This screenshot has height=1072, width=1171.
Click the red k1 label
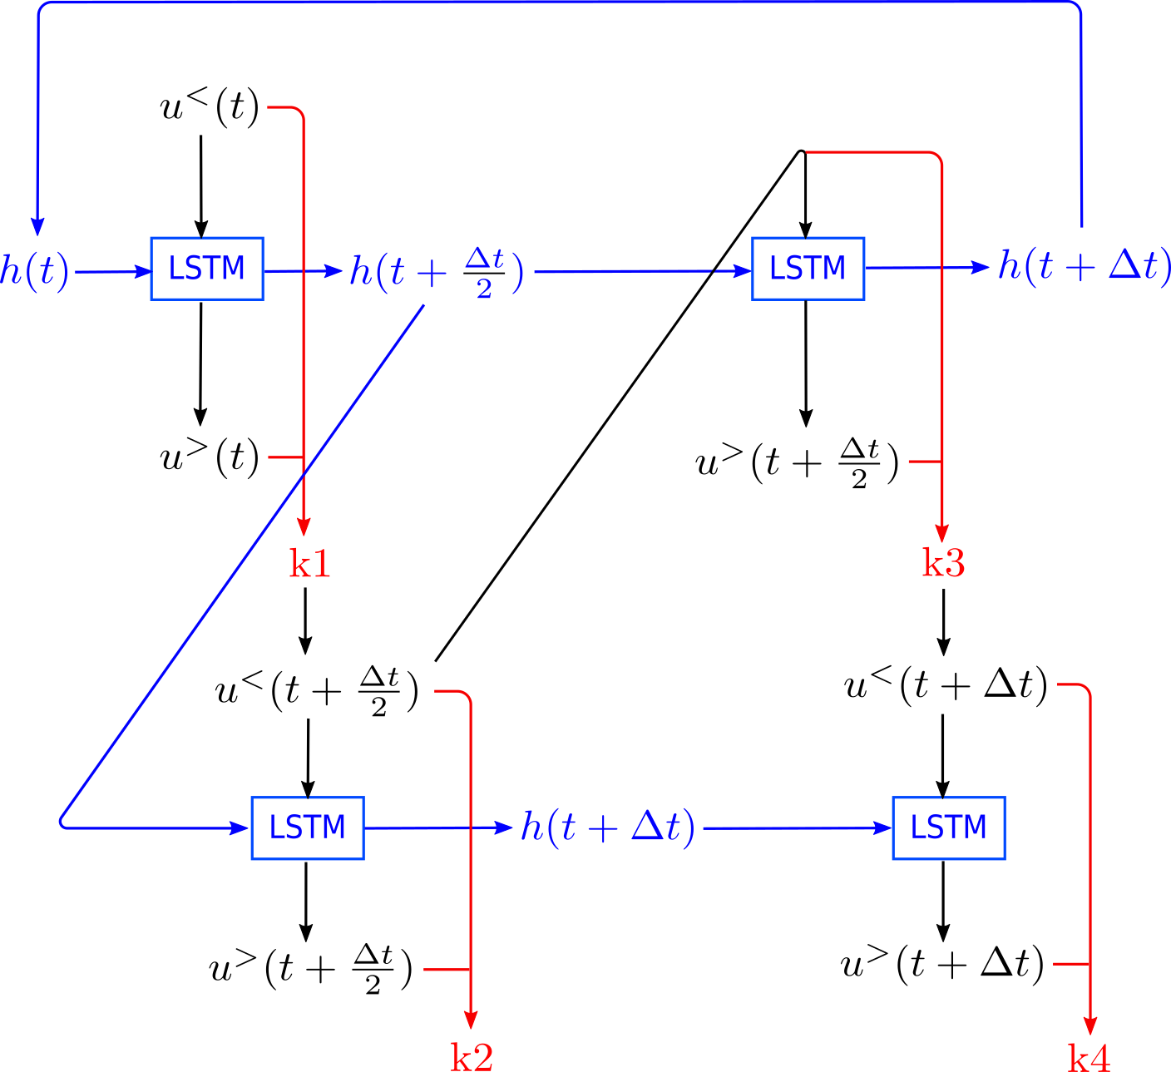310,564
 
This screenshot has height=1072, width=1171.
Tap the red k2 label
472,1057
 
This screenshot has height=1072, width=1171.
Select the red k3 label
943,564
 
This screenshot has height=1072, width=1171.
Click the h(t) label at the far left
35,272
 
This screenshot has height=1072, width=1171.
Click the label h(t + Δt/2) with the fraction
437,272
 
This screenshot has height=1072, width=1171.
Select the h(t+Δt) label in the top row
1083,267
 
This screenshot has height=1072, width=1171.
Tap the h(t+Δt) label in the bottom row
607,827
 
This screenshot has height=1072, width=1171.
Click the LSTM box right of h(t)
207,269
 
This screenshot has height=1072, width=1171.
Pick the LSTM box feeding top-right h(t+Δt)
808,269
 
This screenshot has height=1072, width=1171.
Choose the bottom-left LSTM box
308,827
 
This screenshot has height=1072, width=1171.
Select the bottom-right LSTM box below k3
948,827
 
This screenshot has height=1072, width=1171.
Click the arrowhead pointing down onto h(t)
37,226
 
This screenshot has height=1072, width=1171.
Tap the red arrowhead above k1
304,526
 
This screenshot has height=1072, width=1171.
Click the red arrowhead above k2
471,1020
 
